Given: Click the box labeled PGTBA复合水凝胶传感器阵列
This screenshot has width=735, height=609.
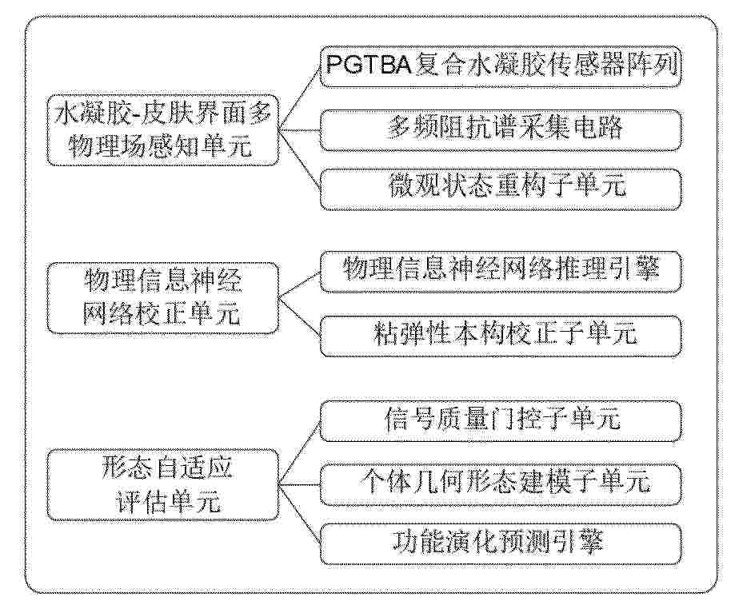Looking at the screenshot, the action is (500, 66).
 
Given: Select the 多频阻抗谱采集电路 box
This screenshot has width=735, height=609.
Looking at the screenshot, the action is (500, 129).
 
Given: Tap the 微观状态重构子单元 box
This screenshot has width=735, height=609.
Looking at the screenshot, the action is (500, 189).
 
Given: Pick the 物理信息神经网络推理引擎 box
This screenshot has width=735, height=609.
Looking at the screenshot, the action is (500, 272).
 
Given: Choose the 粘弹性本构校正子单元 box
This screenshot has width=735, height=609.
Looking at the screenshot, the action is (500, 336).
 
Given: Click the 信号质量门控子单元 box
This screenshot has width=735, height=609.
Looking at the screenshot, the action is (500, 420).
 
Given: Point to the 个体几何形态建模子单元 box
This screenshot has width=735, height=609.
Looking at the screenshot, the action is (500, 484).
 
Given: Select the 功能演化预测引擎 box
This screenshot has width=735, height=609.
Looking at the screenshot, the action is (500, 543).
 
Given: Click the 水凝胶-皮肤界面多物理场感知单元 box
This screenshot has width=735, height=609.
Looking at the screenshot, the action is (162, 130).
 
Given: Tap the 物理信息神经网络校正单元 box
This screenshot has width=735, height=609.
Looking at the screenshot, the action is (162, 298).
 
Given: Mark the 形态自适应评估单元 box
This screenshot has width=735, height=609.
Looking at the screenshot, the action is (162, 484).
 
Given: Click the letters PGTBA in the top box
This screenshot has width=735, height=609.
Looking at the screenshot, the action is (369, 65).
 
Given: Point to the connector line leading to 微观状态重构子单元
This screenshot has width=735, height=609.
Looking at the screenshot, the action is (300, 160).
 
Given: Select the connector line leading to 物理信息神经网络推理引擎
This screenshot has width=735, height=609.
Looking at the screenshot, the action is (300, 285).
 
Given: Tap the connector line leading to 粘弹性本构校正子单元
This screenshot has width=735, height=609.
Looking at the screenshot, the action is (300, 316).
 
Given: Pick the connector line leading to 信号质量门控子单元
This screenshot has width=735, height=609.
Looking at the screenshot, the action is (300, 452).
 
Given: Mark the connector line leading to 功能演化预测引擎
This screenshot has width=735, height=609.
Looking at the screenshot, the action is (300, 514).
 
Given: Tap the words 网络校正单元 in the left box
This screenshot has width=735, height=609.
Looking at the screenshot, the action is (162, 314).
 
